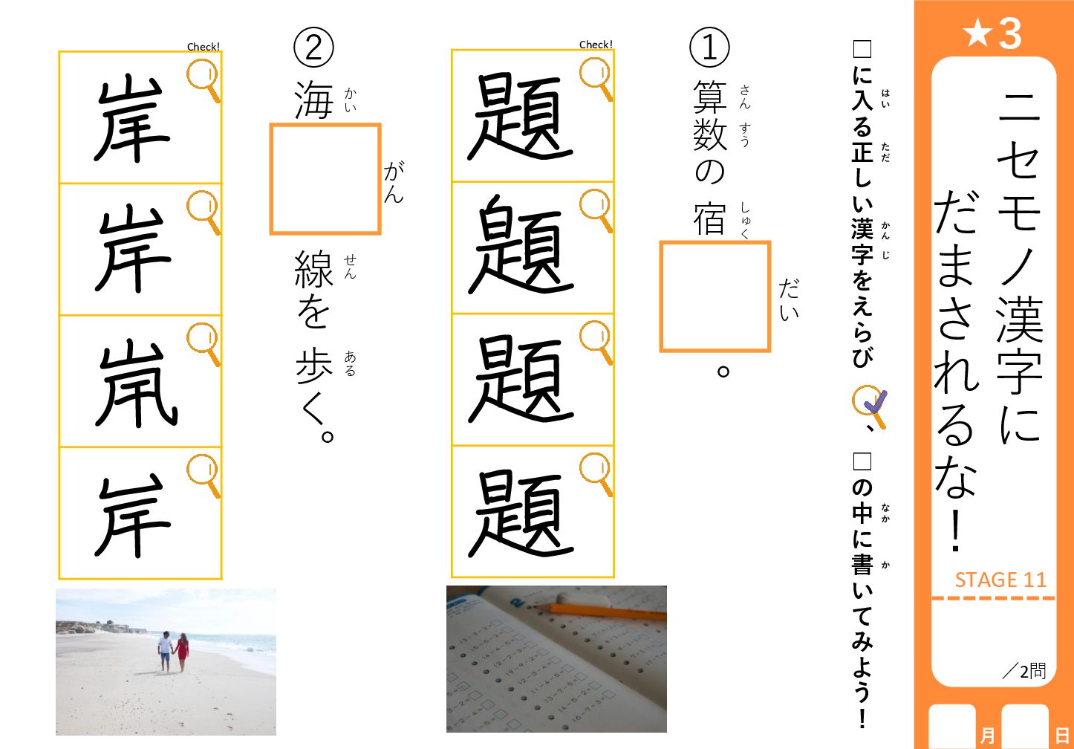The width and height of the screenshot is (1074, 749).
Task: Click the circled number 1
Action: [709, 48]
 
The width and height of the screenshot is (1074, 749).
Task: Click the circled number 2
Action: [313, 47]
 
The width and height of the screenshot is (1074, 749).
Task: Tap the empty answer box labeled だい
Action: [715, 296]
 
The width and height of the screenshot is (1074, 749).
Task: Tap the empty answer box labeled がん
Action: [325, 179]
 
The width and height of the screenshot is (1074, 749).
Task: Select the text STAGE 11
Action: [1000, 580]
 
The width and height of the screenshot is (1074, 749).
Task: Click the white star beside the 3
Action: [978, 33]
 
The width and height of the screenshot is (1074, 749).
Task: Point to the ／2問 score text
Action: [1024, 671]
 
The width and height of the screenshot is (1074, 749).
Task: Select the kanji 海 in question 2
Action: [313, 100]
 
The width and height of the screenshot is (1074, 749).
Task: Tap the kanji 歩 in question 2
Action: [314, 366]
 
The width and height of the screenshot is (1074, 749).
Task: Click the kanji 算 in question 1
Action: [709, 96]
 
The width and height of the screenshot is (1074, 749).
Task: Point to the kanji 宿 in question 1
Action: [709, 218]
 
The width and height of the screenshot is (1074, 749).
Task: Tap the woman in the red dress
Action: [182, 652]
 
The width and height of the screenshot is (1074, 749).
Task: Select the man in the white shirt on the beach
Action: [164, 651]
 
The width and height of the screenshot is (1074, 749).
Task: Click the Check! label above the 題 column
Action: [596, 45]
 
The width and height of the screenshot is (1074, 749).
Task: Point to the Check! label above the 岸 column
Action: [204, 47]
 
